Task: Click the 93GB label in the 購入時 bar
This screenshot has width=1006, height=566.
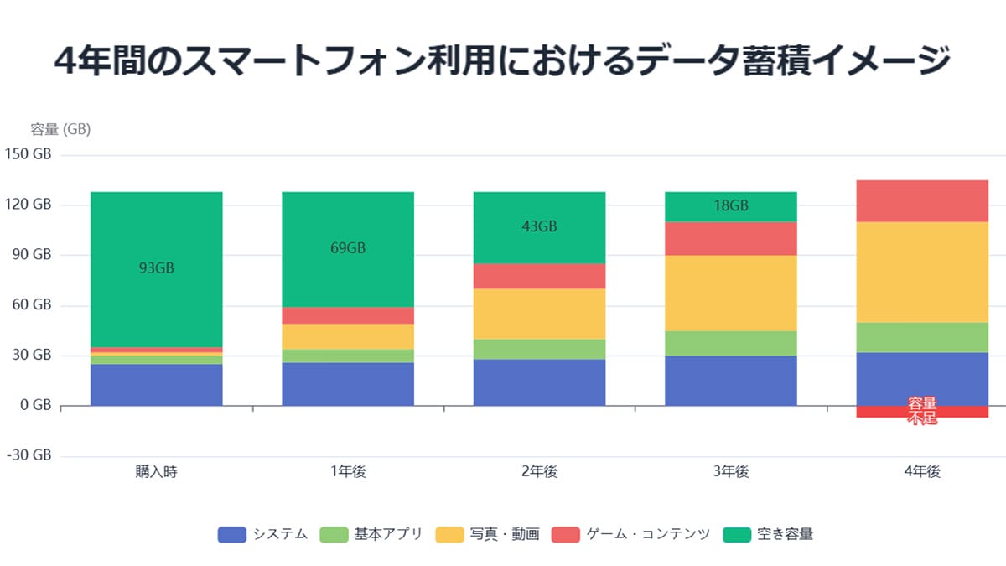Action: [x=156, y=269]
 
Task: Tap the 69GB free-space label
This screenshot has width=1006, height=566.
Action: [x=348, y=248]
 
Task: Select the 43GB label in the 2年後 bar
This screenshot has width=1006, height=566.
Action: [x=539, y=226]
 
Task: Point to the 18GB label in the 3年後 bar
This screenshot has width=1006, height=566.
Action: [x=731, y=206]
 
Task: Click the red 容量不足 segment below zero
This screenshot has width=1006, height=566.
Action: [x=922, y=412]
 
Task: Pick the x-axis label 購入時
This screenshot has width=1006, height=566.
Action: [x=156, y=472]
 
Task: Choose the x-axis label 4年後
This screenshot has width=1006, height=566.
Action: [x=922, y=472]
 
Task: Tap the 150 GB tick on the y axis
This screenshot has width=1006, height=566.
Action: [x=29, y=154]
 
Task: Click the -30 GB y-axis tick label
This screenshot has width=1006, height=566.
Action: [x=29, y=455]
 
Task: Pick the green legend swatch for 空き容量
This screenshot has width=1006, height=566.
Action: [x=736, y=534]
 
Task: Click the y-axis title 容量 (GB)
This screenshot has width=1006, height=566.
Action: [x=60, y=130]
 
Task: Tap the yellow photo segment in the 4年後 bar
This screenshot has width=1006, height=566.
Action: [x=922, y=272]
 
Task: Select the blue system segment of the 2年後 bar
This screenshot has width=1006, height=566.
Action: [x=539, y=382]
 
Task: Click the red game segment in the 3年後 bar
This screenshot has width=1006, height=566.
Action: [x=731, y=238]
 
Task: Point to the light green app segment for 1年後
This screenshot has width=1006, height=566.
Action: [x=348, y=356]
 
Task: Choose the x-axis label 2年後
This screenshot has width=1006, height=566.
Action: [x=539, y=472]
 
